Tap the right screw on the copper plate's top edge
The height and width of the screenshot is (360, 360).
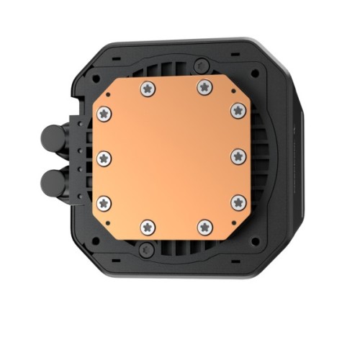[x=204, y=88]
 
